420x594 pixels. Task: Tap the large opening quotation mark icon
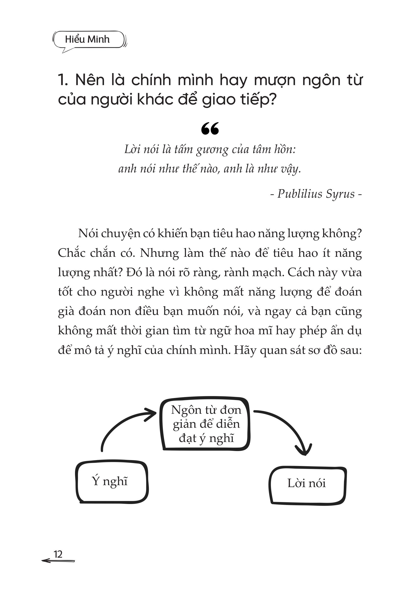210,129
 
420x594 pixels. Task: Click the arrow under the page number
58,561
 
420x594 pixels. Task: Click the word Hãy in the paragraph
245,350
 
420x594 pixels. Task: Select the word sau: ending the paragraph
351,350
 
